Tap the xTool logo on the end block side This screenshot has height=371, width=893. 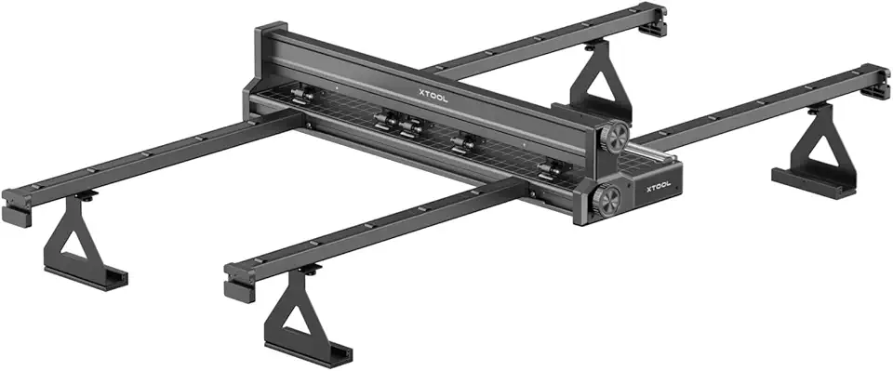(656, 186)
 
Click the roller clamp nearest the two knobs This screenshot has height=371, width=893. (551, 169)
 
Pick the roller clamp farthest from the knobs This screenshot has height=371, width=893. (300, 95)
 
